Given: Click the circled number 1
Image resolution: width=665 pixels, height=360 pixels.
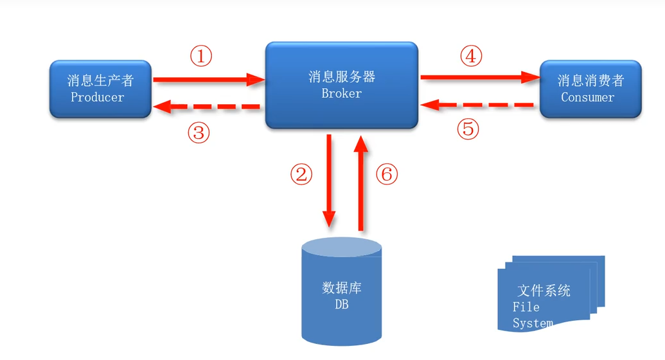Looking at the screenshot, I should (200, 57).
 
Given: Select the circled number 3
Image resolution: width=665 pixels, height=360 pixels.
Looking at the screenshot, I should (199, 133).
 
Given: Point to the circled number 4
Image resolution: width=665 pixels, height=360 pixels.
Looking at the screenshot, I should (471, 57).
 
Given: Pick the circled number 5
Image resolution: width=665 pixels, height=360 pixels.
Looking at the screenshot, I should (468, 129).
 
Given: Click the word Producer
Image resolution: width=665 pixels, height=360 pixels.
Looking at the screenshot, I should (97, 97).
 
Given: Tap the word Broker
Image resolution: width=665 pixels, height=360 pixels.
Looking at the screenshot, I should (341, 93).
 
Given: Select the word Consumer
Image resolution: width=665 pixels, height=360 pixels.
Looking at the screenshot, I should (587, 98).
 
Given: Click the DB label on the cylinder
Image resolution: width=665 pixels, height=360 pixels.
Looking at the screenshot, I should (341, 305).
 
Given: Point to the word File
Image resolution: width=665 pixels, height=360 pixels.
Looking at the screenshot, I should (526, 307).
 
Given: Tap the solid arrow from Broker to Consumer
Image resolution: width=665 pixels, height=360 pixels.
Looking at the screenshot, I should (479, 78).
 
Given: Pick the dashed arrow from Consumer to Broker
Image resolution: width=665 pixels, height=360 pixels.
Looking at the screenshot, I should (478, 104).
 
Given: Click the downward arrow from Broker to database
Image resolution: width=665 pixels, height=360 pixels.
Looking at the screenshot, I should (330, 180).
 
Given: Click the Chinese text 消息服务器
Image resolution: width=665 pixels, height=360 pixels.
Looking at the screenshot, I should (341, 77).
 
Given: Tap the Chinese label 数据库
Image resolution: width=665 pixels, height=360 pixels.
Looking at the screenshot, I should (341, 287).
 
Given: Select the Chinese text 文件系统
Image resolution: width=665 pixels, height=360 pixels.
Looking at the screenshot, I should (544, 290).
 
